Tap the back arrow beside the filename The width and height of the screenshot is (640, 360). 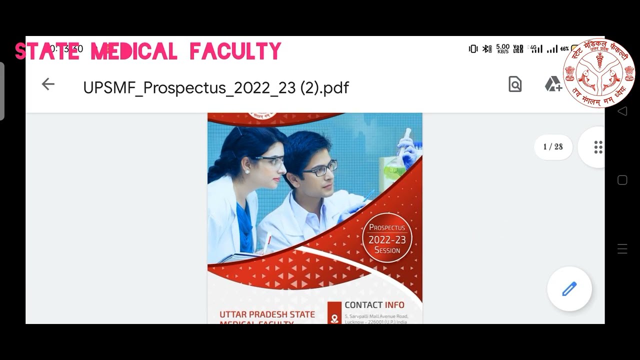(x=48, y=84)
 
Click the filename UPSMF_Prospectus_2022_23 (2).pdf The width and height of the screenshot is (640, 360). (x=215, y=87)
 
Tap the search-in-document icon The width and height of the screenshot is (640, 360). (x=515, y=84)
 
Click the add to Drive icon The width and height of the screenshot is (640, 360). (x=553, y=84)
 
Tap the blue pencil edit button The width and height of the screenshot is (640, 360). (x=569, y=289)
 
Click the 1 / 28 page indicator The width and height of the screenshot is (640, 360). (x=553, y=147)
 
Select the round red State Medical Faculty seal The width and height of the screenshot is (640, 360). (x=598, y=73)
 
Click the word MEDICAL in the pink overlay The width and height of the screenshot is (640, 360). (x=134, y=51)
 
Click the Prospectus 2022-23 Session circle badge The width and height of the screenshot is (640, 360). (x=387, y=238)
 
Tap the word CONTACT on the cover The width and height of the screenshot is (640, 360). (x=363, y=305)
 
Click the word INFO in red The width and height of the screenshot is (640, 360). (x=394, y=305)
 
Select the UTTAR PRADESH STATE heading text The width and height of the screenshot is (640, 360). (x=267, y=314)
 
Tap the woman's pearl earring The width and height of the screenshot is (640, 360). (x=247, y=171)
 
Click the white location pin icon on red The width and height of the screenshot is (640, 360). (x=334, y=317)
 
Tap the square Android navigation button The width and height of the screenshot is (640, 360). (x=622, y=180)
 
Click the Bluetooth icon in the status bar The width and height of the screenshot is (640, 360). (x=486, y=49)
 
